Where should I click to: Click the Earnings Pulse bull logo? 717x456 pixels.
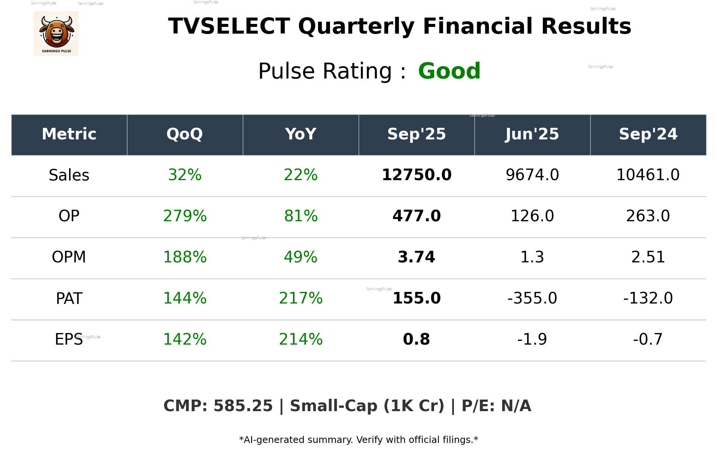56,34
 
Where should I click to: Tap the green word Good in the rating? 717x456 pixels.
449,71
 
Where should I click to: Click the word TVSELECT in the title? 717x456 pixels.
229,27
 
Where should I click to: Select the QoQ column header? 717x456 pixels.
185,134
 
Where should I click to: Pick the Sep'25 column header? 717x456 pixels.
416,134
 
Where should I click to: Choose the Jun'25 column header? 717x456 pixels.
532,134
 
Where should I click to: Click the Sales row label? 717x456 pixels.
69,175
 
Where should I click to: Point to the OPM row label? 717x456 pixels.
69,257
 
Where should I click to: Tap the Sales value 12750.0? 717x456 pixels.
416,175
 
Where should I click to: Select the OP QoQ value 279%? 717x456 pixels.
185,216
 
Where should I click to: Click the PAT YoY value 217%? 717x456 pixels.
300,298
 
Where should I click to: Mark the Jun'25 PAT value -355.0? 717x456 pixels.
532,298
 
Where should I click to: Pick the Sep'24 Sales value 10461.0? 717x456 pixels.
648,175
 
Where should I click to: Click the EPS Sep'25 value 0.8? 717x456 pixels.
416,339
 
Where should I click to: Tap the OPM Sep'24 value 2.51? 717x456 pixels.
648,257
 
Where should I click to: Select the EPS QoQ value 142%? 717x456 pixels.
185,339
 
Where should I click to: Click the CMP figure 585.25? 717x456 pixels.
243,406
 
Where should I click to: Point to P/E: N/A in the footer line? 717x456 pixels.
496,406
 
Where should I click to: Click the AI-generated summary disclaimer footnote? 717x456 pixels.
358,440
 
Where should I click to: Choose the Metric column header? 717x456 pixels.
69,134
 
